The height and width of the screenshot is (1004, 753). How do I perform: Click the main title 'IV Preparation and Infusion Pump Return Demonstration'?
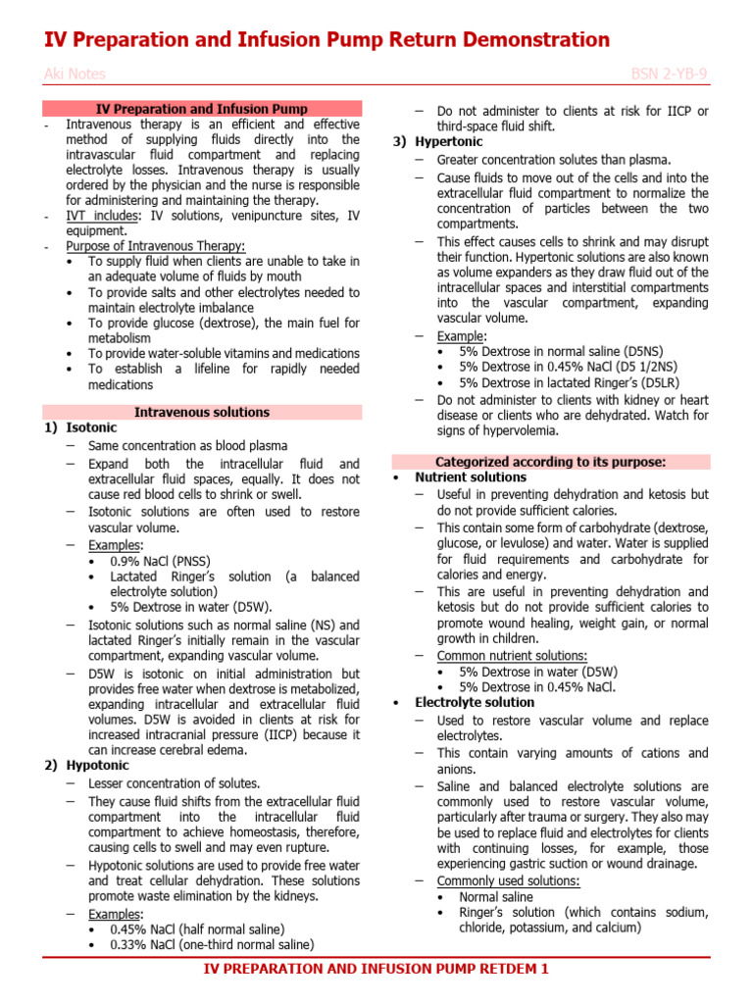pyautogui.click(x=327, y=40)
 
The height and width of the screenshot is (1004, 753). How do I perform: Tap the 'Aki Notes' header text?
pyautogui.click(x=75, y=75)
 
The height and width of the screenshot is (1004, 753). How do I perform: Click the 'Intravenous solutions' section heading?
pyautogui.click(x=201, y=412)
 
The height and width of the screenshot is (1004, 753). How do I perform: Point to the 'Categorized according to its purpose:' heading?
pyautogui.click(x=550, y=461)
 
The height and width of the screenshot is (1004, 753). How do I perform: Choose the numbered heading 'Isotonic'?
pyautogui.click(x=91, y=428)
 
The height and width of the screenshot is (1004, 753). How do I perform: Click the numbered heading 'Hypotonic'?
pyautogui.click(x=98, y=767)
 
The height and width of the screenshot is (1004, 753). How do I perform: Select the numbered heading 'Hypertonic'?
pyautogui.click(x=450, y=142)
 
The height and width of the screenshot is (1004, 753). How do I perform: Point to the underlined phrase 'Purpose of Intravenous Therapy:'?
pyautogui.click(x=155, y=246)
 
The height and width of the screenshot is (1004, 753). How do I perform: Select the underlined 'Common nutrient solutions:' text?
pyautogui.click(x=512, y=656)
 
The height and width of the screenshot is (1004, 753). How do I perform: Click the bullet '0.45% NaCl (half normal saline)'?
pyautogui.click(x=197, y=929)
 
